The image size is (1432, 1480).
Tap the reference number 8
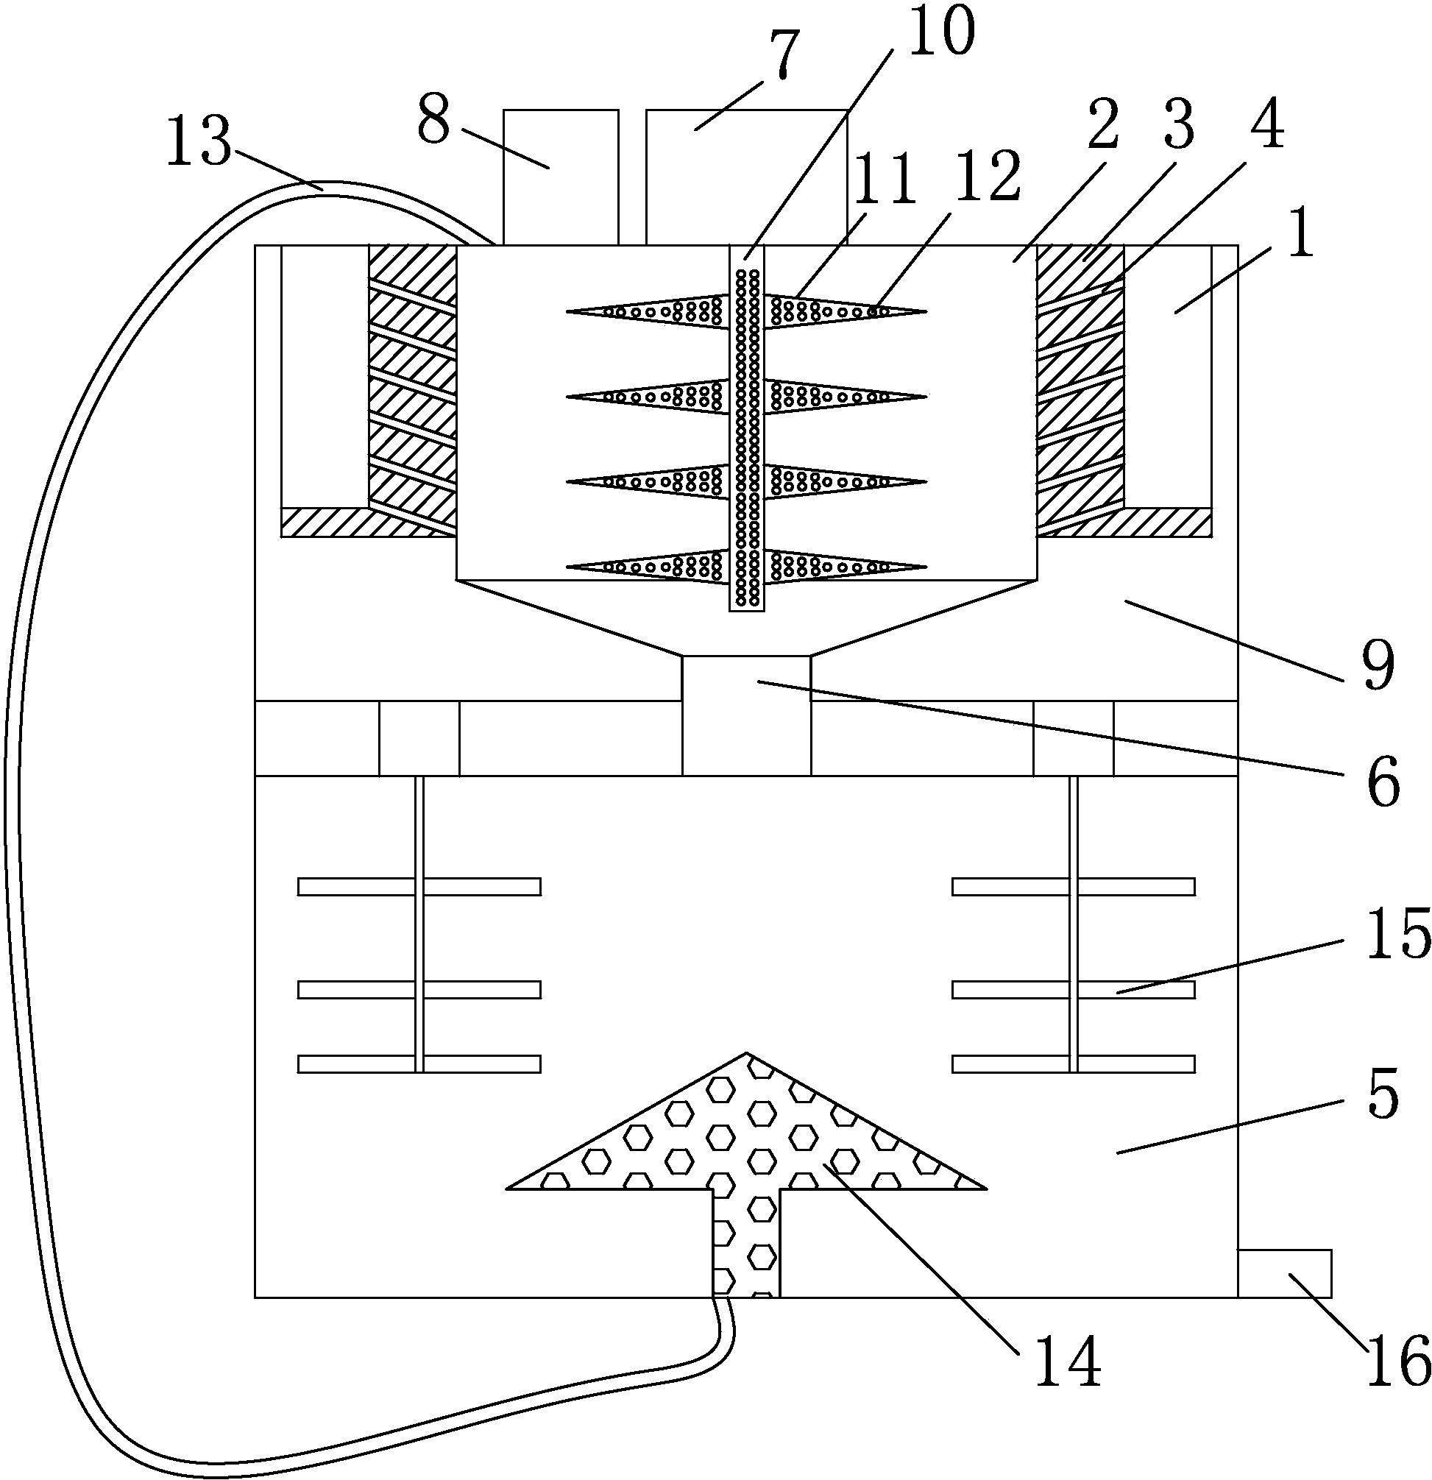[x=434, y=119]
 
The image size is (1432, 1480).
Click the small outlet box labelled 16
[x=1284, y=1273]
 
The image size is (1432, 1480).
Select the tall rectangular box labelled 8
[x=561, y=177]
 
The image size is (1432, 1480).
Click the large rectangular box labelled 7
[x=746, y=177]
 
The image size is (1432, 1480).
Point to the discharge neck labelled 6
[x=747, y=715]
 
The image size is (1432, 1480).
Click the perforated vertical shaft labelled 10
[x=747, y=428]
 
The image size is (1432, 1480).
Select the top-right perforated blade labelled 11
[x=846, y=311]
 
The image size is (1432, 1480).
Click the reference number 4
[x=1266, y=125]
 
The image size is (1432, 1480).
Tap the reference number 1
[x=1299, y=235]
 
